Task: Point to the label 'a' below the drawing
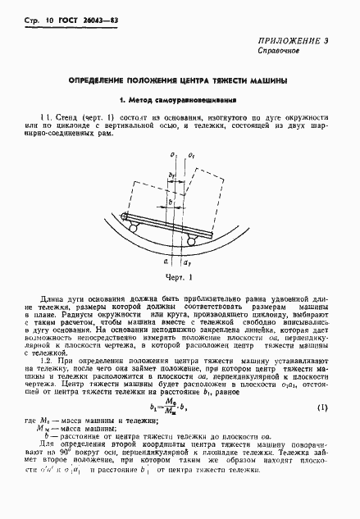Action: click(x=165, y=262)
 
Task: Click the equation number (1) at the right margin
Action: click(x=322, y=407)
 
